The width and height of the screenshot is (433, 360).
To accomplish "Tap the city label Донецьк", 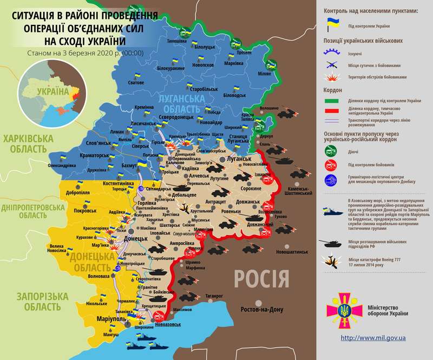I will tap(136, 238).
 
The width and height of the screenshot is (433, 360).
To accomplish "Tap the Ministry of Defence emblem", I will tap(342, 311).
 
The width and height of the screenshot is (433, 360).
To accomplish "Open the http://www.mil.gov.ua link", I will tap(373, 338).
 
